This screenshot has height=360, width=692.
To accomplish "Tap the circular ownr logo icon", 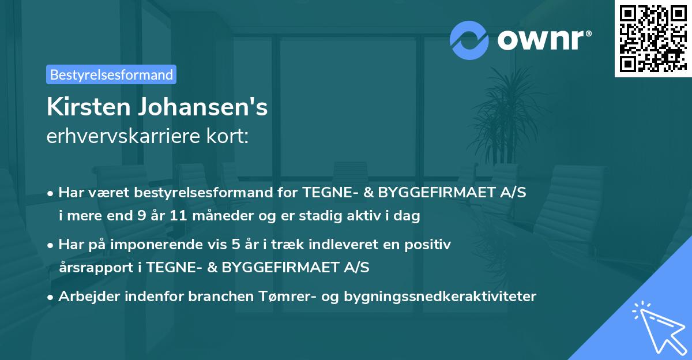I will (x=469, y=40).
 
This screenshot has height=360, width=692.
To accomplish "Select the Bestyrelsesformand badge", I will (x=111, y=74).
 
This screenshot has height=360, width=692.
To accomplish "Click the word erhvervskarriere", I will (x=121, y=137).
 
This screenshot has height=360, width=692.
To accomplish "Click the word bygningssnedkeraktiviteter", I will (x=439, y=297).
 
